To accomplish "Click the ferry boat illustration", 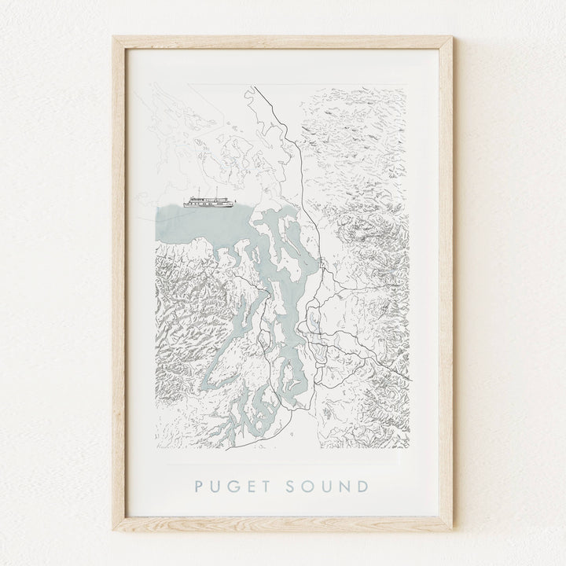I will [x=208, y=201].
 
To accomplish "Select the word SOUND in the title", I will [x=329, y=480].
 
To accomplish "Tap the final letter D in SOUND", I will [x=366, y=480].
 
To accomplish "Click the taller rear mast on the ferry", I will [x=216, y=192].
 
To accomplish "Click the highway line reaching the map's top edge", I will [x=252, y=91].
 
